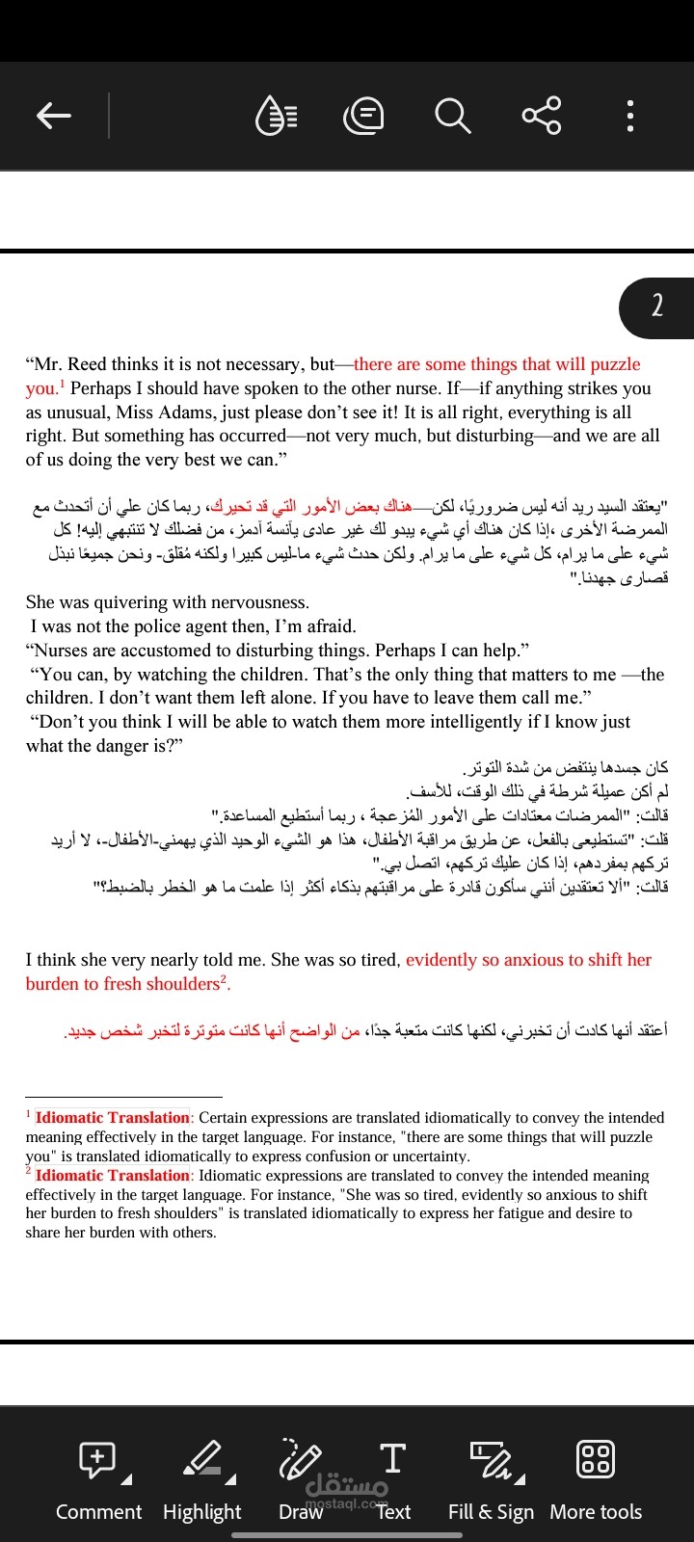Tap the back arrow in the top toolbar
point(54,116)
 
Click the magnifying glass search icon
point(452,116)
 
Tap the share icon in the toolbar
point(542,116)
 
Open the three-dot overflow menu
point(629,116)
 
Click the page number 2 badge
point(657,306)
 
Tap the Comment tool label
point(98,1511)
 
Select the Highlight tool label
point(202,1511)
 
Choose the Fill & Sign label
point(491,1511)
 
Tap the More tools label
point(596,1511)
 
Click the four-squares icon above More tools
point(595,1459)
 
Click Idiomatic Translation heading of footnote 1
point(113,1118)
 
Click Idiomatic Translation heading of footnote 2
point(113,1176)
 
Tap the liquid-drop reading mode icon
point(276,116)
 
